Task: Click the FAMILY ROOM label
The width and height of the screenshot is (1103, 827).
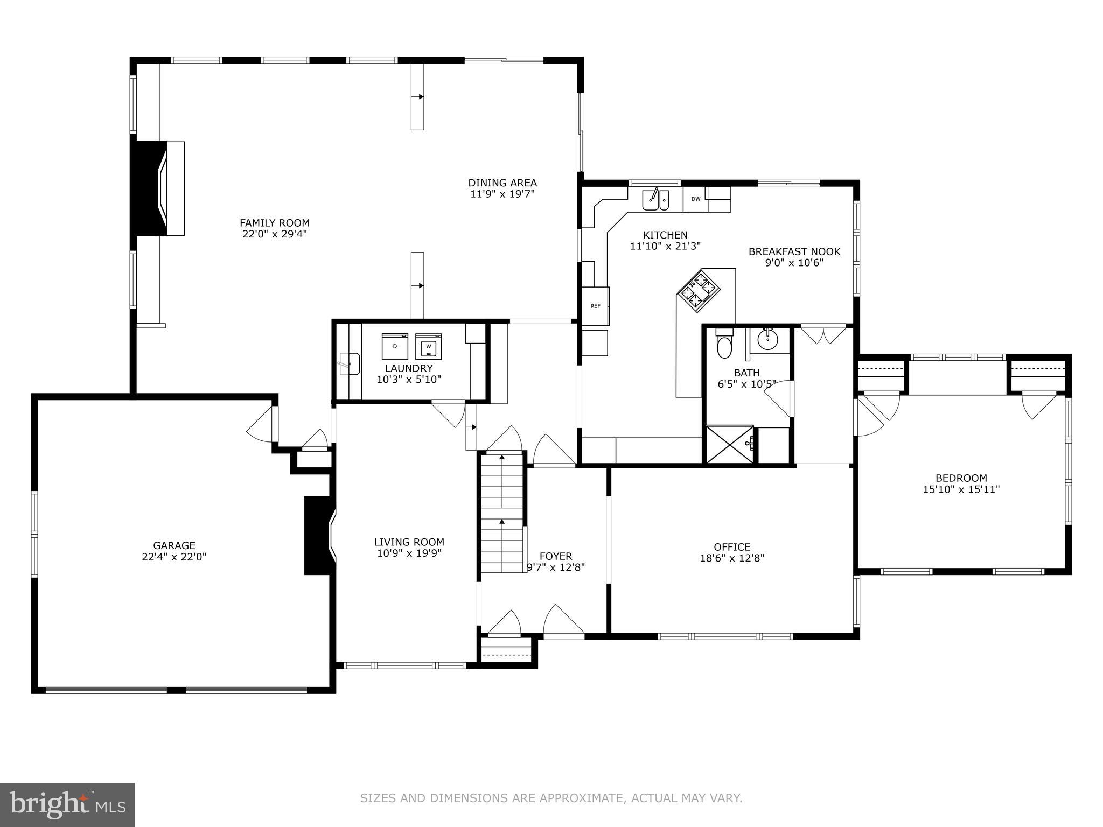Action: click(274, 223)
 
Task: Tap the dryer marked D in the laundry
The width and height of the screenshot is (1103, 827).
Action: click(395, 346)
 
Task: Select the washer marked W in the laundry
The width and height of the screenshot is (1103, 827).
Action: click(429, 346)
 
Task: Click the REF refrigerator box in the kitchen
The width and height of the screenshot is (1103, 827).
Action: click(596, 306)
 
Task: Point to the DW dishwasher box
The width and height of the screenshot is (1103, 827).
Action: click(696, 199)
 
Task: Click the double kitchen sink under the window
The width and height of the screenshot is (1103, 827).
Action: click(655, 200)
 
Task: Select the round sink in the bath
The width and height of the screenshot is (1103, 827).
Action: click(767, 339)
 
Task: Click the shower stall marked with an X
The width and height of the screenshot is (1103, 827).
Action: click(729, 444)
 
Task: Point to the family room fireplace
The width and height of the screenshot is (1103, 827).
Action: click(159, 188)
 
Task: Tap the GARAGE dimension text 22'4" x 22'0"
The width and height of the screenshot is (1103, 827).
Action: click(174, 557)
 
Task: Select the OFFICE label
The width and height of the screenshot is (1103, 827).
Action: click(732, 547)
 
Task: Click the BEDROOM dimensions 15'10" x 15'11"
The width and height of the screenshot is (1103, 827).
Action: click(961, 489)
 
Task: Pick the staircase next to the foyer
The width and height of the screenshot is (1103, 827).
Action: click(502, 513)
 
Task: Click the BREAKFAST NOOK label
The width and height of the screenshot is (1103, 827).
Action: click(794, 251)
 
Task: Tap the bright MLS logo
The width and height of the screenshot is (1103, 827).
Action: click(67, 804)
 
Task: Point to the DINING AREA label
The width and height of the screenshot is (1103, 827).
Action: click(502, 183)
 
